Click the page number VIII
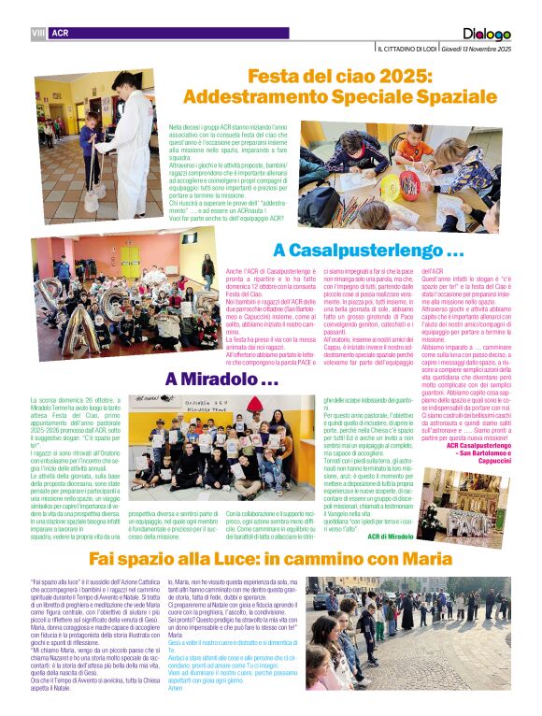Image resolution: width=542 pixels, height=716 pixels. (38, 33)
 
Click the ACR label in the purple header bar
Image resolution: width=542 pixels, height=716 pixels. (61, 33)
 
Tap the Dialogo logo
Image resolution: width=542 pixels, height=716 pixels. (487, 35)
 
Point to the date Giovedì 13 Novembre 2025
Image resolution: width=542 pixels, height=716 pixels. (478, 49)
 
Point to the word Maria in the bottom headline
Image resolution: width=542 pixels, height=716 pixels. (420, 559)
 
